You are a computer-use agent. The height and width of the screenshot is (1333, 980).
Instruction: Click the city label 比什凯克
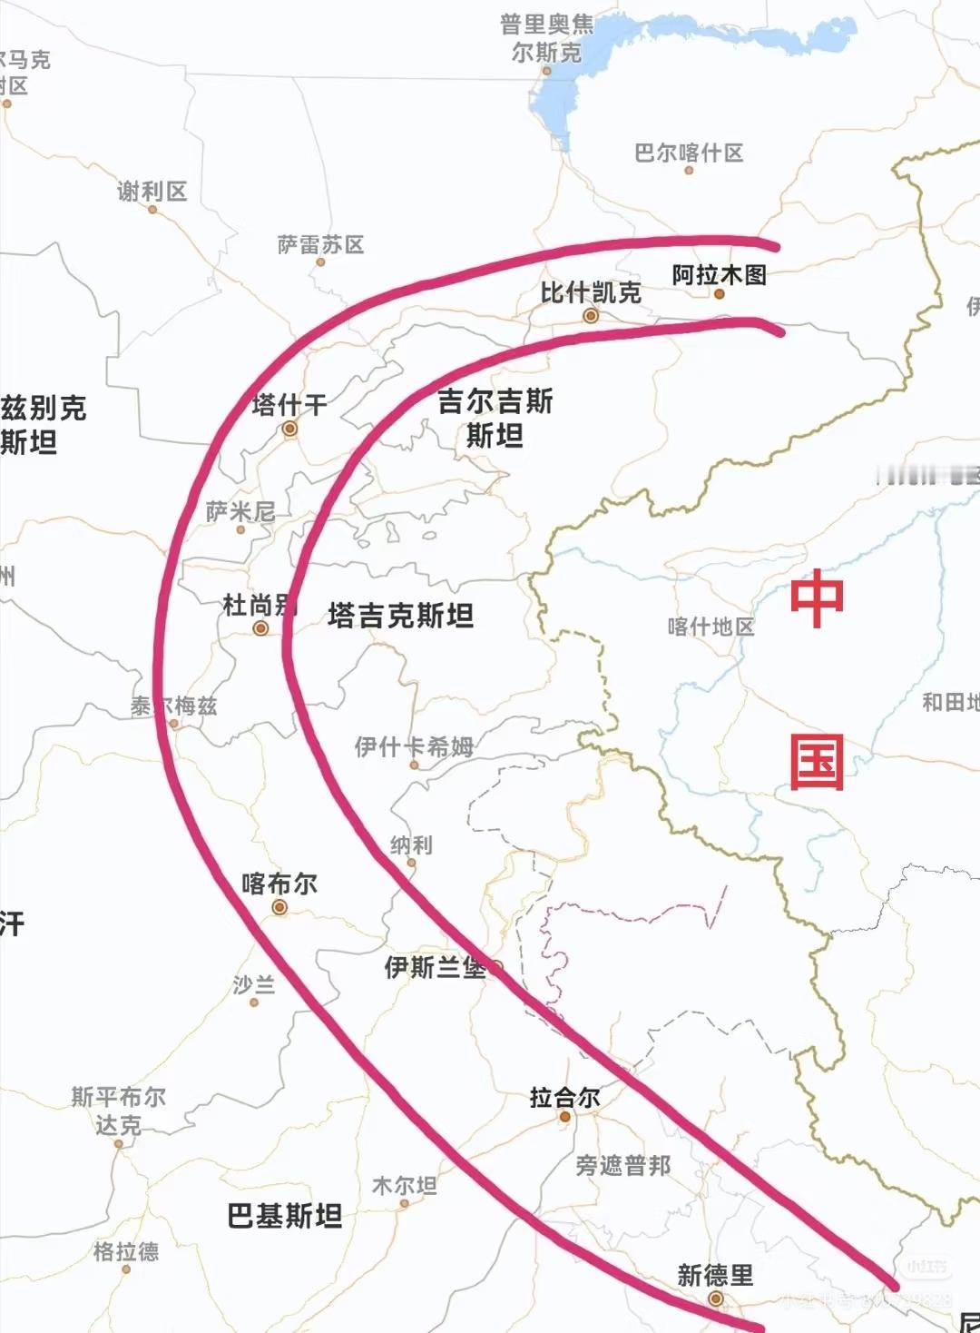pyautogui.click(x=591, y=292)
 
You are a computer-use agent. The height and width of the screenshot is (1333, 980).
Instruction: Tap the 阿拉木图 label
pyautogui.click(x=719, y=274)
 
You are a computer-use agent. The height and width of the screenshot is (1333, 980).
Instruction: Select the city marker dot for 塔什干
pyautogui.click(x=289, y=429)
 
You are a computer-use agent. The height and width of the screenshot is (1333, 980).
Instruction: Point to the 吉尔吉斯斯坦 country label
pyautogui.click(x=495, y=418)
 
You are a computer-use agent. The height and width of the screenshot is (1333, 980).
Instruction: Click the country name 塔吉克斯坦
pyautogui.click(x=400, y=616)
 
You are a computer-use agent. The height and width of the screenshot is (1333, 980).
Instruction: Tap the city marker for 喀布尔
pyautogui.click(x=279, y=907)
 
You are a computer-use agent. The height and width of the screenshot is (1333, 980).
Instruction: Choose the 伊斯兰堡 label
pyautogui.click(x=435, y=967)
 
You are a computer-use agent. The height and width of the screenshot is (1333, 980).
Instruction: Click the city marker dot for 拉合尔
pyautogui.click(x=564, y=1117)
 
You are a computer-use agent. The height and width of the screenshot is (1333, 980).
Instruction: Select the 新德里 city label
pyautogui.click(x=715, y=1275)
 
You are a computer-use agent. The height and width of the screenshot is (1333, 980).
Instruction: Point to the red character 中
pyautogui.click(x=817, y=598)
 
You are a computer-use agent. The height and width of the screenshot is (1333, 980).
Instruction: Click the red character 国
pyautogui.click(x=817, y=761)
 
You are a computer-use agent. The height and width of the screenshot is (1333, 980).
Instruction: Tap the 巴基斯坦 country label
pyautogui.click(x=285, y=1215)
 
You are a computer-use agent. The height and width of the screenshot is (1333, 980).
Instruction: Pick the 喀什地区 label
pyautogui.click(x=710, y=627)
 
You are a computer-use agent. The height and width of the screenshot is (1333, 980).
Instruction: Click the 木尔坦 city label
pyautogui.click(x=405, y=1185)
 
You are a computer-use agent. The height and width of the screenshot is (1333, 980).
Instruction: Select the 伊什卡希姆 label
pyautogui.click(x=414, y=746)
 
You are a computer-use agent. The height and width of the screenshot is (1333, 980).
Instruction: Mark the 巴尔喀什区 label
pyautogui.click(x=689, y=153)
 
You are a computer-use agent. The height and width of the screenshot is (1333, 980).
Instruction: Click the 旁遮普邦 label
pyautogui.click(x=623, y=1165)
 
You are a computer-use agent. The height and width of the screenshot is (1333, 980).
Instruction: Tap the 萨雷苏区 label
pyautogui.click(x=320, y=244)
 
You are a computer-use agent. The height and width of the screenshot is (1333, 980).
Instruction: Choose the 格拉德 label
pyautogui.click(x=126, y=1251)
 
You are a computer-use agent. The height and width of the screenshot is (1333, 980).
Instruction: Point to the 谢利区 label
pyautogui.click(x=152, y=191)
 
